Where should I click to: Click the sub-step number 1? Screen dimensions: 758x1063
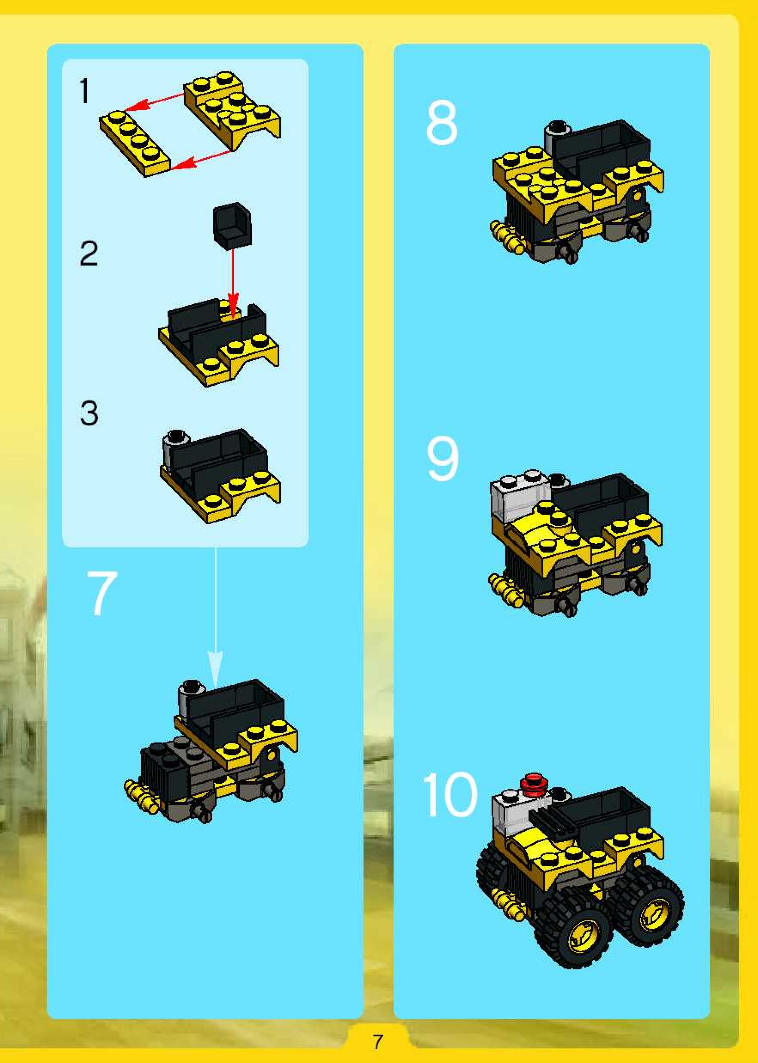coord(84,91)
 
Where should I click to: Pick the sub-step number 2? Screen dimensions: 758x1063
coord(89,254)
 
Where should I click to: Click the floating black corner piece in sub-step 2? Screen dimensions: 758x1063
coord(232,223)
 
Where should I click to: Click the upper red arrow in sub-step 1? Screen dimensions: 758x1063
coord(155,103)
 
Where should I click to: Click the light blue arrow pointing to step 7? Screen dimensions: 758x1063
coord(215,615)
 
